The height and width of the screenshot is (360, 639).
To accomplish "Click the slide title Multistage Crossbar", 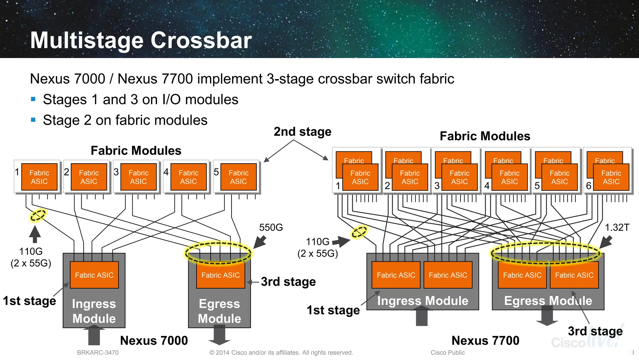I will click(141, 41).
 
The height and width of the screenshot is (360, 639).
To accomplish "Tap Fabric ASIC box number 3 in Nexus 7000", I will click(139, 177).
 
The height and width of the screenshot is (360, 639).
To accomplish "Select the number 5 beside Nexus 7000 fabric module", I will click(216, 172).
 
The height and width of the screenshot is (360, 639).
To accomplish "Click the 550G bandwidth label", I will click(271, 227).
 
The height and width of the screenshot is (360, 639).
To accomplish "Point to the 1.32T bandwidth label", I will click(617, 227).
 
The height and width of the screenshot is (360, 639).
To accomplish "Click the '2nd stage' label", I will click(302, 132).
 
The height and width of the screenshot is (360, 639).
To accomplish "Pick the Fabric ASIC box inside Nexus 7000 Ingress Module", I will click(94, 275).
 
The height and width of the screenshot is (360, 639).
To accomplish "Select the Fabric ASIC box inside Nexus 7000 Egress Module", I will click(220, 275).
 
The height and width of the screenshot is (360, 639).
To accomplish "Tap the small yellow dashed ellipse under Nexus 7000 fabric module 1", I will click(38, 215).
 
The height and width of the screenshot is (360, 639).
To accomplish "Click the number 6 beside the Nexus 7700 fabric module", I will click(588, 186).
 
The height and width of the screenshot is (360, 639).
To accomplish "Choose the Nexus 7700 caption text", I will click(485, 340).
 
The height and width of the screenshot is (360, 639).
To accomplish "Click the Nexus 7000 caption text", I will click(154, 340).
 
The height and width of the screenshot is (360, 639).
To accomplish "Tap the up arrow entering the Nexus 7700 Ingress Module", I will click(422, 316).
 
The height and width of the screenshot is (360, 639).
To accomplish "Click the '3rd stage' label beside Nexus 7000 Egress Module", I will click(288, 282).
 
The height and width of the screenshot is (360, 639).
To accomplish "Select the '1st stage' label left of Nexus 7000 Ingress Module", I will click(29, 301).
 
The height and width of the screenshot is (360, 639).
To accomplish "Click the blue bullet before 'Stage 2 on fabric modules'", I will click(33, 120).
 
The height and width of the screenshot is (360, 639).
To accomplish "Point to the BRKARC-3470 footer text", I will click(98, 353).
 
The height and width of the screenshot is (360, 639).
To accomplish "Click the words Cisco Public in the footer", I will click(447, 353).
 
